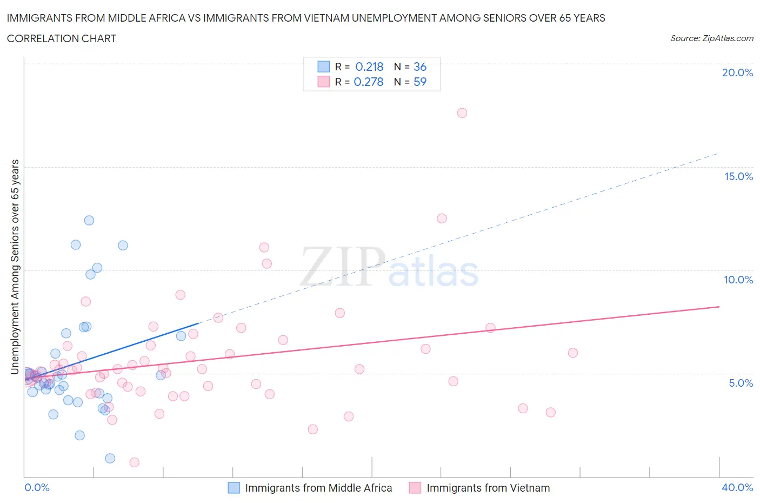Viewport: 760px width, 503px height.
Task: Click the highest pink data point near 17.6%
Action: click(462, 113)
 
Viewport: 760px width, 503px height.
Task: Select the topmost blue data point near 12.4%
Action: click(89, 220)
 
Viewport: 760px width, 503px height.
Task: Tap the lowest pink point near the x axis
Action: click(135, 462)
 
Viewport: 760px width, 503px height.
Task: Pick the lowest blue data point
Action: click(110, 458)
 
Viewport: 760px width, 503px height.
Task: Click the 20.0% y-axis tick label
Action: click(737, 72)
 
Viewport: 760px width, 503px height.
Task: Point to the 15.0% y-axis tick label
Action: click(738, 176)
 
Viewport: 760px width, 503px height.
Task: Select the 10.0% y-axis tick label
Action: click(738, 280)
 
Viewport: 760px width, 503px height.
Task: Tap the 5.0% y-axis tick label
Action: click(741, 383)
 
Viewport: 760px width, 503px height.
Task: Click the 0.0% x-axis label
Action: click(37, 487)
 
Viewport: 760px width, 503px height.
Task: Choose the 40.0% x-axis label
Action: click(737, 487)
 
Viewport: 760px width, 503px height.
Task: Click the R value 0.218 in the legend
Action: click(369, 67)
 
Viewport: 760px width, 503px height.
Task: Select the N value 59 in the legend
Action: click(420, 82)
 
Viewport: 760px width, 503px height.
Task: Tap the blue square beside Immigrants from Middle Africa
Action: click(234, 488)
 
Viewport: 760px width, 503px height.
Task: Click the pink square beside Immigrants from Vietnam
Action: click(415, 488)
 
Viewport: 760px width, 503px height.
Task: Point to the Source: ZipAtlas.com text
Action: click(711, 38)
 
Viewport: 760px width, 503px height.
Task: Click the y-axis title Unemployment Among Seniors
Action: click(15, 267)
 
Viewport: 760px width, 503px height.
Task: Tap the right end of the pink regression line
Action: click(719, 307)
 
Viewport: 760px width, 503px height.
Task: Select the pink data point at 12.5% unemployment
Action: click(442, 219)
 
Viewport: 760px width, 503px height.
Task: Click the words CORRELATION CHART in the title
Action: click(62, 38)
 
